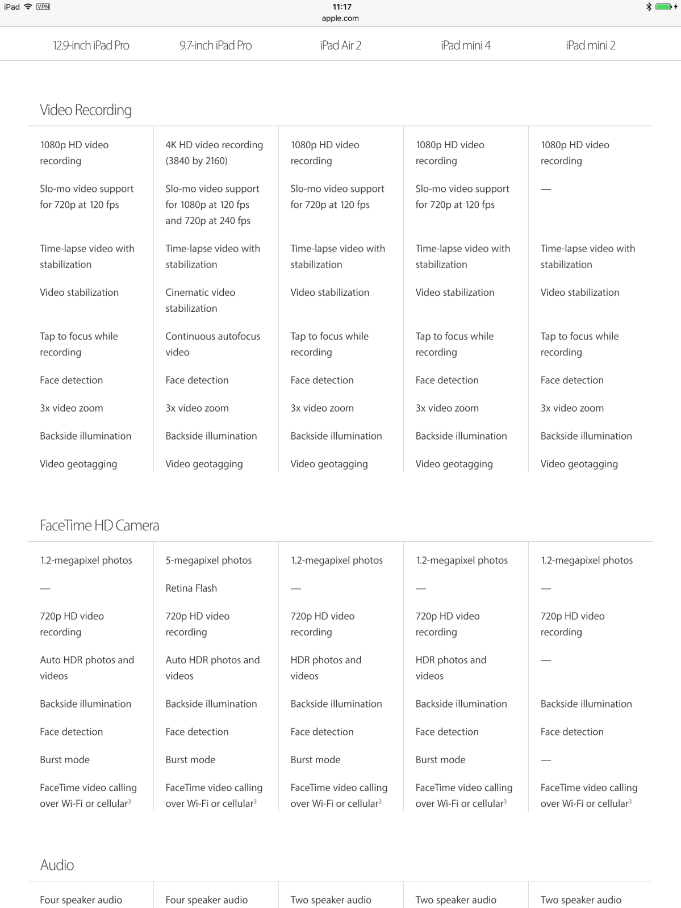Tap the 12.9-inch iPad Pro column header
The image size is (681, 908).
(x=91, y=45)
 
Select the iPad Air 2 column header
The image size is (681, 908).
(x=340, y=45)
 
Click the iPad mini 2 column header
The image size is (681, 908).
(x=590, y=45)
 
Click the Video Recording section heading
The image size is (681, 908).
(x=86, y=110)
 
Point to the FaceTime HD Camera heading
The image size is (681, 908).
(x=99, y=526)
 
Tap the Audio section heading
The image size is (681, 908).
(x=57, y=865)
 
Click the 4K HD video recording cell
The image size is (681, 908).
(x=214, y=153)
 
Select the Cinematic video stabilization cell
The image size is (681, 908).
(x=200, y=300)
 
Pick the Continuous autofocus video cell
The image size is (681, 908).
(x=212, y=344)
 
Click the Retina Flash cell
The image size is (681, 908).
(x=191, y=588)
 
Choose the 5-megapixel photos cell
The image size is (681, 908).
(x=208, y=560)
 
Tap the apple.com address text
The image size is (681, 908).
(x=340, y=18)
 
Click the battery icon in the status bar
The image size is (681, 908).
(x=663, y=7)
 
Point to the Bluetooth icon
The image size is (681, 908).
(x=648, y=7)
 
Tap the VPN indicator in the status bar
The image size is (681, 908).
(x=43, y=7)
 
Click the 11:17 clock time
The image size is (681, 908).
(x=342, y=7)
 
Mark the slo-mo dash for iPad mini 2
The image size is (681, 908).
(x=546, y=189)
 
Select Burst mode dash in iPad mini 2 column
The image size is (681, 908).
(x=546, y=760)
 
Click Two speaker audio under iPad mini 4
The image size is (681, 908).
(x=456, y=900)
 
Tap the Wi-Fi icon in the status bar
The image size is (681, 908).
(x=28, y=7)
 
